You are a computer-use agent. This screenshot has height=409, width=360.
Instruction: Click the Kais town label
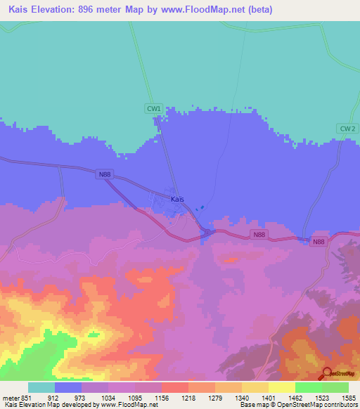click(178, 200)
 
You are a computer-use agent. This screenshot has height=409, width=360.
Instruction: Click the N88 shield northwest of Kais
click(105, 175)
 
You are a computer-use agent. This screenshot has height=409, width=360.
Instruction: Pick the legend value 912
click(54, 397)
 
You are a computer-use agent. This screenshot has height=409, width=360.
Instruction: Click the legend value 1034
click(108, 397)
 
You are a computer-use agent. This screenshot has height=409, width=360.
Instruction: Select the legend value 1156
click(161, 397)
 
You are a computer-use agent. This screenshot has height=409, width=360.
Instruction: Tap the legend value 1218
click(188, 397)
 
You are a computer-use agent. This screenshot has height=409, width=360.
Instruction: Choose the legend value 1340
click(241, 397)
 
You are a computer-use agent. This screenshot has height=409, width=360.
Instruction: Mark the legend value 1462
click(295, 397)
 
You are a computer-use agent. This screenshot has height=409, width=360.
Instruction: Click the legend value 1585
click(348, 397)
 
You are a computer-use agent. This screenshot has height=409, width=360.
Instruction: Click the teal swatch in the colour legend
click(41, 387)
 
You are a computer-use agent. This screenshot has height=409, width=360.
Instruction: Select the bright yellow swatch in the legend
click(282, 387)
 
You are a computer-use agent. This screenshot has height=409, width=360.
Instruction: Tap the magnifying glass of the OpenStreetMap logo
click(326, 373)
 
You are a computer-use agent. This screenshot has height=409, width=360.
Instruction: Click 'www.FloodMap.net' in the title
click(210, 10)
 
